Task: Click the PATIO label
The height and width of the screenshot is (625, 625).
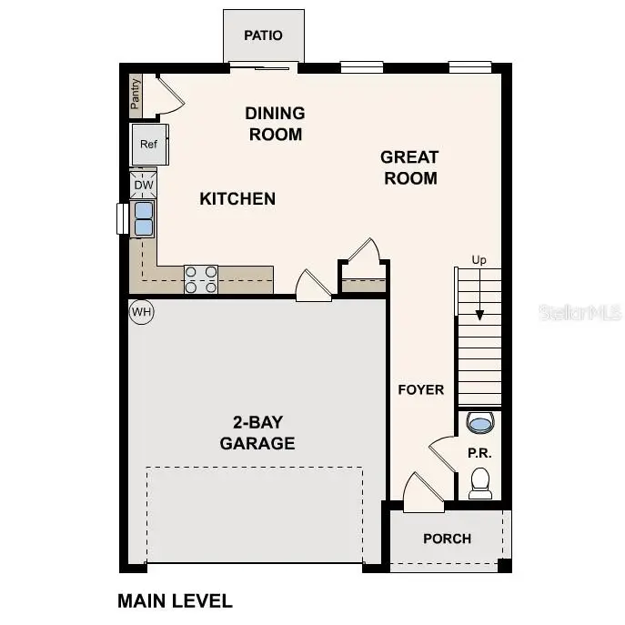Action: coord(263,35)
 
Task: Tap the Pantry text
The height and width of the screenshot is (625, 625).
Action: coord(136,94)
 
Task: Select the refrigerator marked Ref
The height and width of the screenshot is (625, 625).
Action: coord(148,144)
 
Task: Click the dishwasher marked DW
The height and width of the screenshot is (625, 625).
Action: coord(144,186)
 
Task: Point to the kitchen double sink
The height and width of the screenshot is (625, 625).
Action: coord(144,219)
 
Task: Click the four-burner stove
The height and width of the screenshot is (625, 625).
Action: coord(201,279)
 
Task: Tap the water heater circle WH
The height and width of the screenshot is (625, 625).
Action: coord(141,312)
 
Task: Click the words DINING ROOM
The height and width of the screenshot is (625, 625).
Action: coord(274,124)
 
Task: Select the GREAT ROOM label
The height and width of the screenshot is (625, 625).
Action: coord(408,167)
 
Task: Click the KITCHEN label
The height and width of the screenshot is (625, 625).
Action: coord(237,198)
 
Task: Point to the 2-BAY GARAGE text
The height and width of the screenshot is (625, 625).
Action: coord(257,433)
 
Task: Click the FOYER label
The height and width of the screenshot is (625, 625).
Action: coord(420,389)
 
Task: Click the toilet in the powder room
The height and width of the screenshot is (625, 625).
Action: coord(479,482)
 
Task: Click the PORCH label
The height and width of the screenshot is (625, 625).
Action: coord(447,539)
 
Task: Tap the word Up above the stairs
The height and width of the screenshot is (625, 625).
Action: coord(479,260)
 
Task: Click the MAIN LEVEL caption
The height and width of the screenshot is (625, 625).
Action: coord(175,600)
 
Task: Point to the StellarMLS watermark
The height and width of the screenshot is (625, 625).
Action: coord(580,312)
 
